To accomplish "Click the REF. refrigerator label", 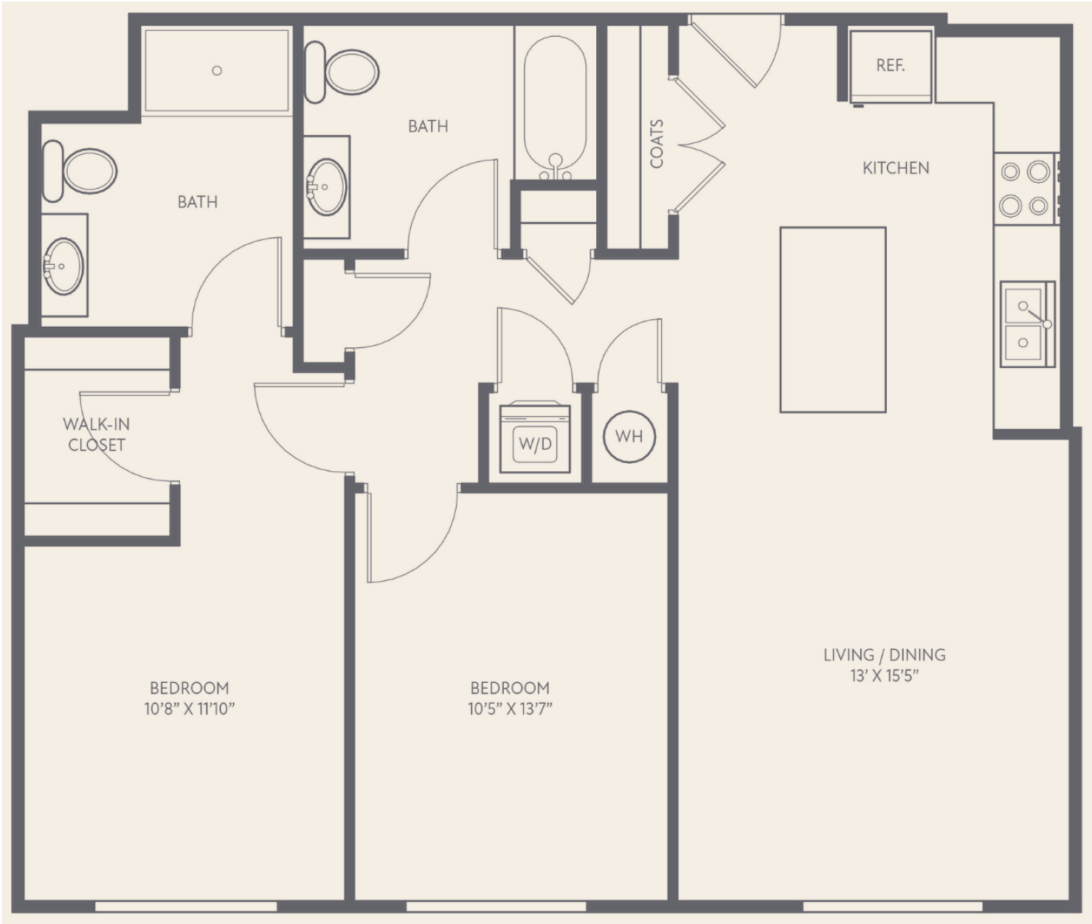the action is pyautogui.click(x=890, y=66).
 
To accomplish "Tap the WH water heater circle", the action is pyautogui.click(x=629, y=436).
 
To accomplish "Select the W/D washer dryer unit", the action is pyautogui.click(x=535, y=437).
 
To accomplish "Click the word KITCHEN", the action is pyautogui.click(x=896, y=168).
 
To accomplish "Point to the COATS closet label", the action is pyautogui.click(x=656, y=144).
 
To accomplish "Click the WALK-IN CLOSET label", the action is pyautogui.click(x=96, y=434).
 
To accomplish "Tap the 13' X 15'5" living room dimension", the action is pyautogui.click(x=885, y=675).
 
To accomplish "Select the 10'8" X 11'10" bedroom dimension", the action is pyautogui.click(x=189, y=709).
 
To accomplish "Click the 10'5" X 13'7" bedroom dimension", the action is pyautogui.click(x=510, y=709).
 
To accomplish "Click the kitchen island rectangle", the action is pyautogui.click(x=832, y=319).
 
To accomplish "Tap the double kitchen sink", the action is pyautogui.click(x=1026, y=324).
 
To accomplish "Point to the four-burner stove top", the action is pyautogui.click(x=1026, y=189).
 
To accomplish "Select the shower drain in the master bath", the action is pyautogui.click(x=217, y=70).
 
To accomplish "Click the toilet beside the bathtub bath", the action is pyautogui.click(x=342, y=73).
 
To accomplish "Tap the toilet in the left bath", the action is pyautogui.click(x=79, y=171).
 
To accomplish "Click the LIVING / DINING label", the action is pyautogui.click(x=885, y=655).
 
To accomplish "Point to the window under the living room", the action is pyautogui.click(x=892, y=906).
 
